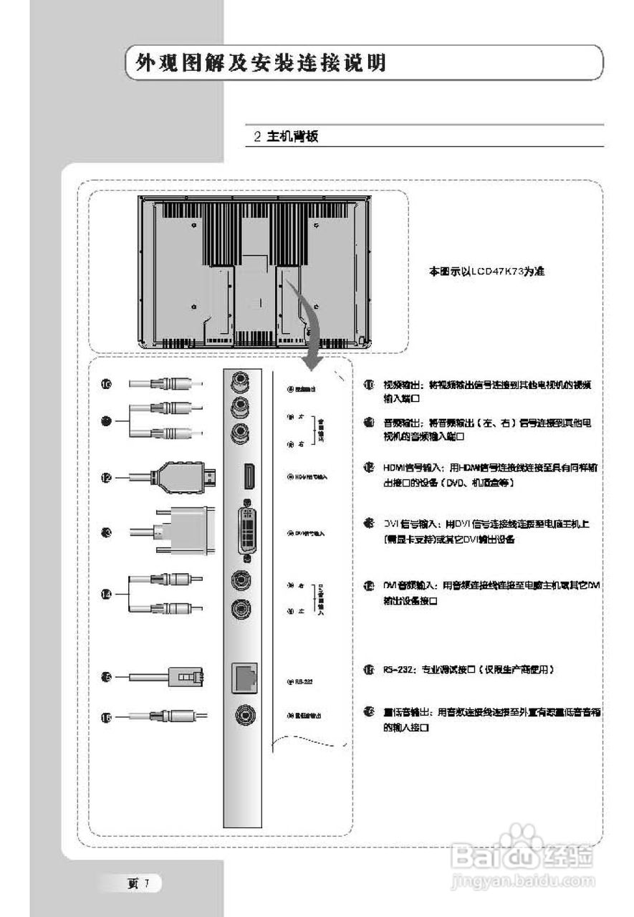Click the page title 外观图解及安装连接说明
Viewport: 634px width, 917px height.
[261, 64]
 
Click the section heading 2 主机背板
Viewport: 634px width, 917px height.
[286, 136]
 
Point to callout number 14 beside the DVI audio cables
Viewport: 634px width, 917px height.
[106, 595]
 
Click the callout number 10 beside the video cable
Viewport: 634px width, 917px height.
[107, 385]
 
